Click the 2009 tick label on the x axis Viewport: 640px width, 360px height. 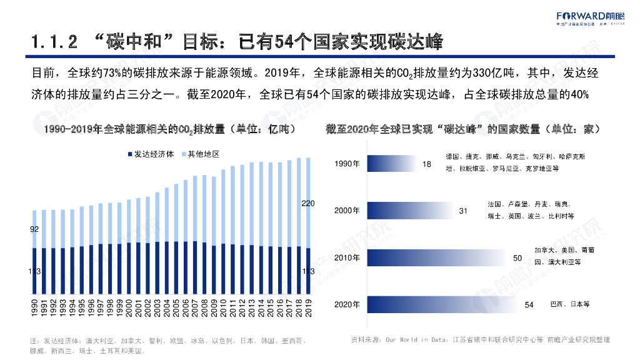(x=214, y=309)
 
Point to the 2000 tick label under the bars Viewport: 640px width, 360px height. (x=129, y=309)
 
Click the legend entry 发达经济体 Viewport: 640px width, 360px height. (x=151, y=154)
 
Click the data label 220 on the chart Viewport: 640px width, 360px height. (x=308, y=203)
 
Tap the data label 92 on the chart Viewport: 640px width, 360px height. (x=34, y=229)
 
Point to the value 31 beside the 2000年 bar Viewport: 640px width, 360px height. (x=463, y=211)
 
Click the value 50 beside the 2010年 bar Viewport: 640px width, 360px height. (x=517, y=258)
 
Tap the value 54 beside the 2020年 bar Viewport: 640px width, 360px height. (x=529, y=305)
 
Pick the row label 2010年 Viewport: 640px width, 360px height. (x=347, y=257)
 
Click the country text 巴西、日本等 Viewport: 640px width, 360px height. (x=569, y=304)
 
